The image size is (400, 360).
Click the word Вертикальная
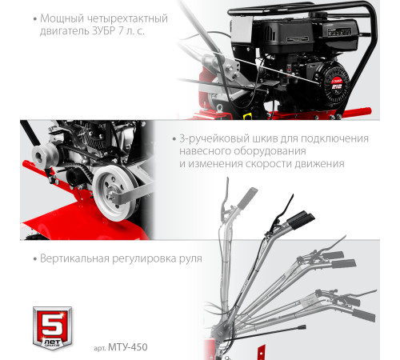66,260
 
